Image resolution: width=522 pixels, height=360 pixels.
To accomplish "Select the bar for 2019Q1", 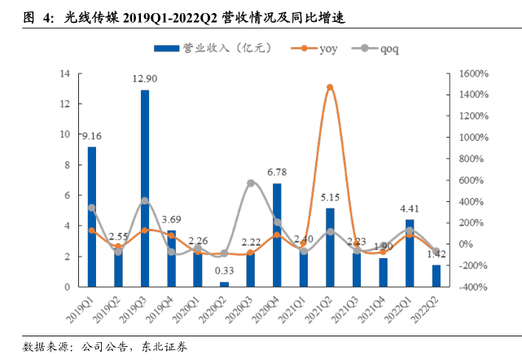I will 92,216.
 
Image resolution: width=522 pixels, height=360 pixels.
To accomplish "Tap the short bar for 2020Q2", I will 224,283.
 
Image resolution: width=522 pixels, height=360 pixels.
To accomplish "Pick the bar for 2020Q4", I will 277,235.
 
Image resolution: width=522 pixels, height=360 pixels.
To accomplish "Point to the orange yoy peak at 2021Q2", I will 330,86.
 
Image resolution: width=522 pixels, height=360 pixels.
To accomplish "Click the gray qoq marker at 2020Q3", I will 251,183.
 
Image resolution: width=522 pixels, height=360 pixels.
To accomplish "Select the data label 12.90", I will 145,78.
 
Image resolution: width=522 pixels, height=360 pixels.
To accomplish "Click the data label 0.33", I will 224,270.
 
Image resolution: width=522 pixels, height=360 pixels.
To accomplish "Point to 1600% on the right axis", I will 472,73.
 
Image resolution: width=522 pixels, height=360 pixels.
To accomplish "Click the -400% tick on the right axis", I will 472,288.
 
